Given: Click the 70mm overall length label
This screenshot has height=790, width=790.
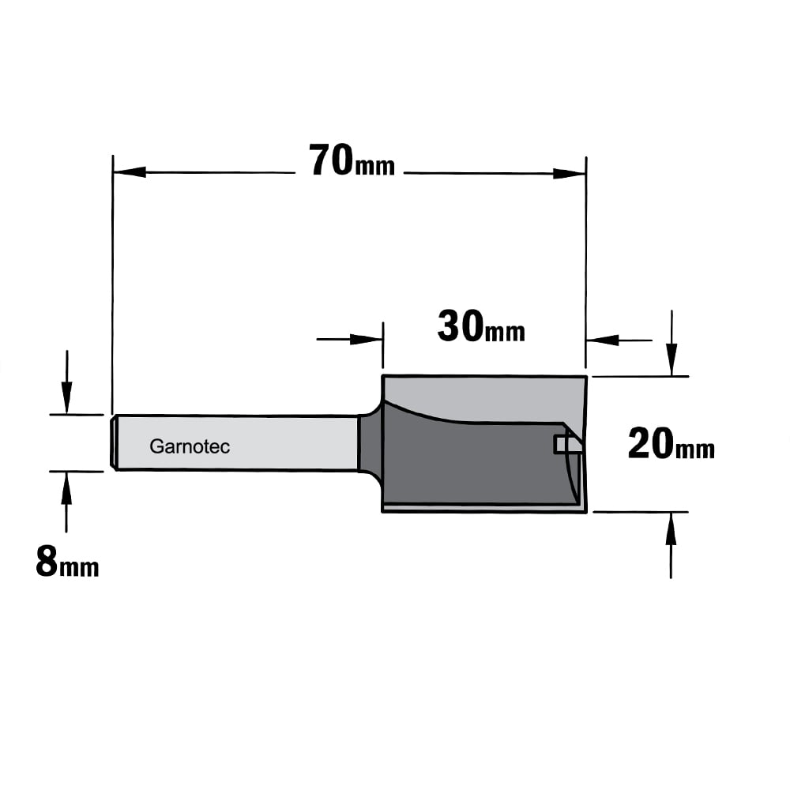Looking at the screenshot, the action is (x=352, y=160).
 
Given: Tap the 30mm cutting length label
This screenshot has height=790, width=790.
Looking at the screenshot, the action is (x=481, y=327).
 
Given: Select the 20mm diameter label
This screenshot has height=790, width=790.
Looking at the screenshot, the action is (x=671, y=444).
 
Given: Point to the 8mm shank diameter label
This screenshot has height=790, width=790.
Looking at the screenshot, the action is (x=67, y=562).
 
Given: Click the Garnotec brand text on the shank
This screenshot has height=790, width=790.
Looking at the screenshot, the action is (x=190, y=446).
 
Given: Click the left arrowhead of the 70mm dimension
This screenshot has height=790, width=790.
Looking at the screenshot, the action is (x=130, y=171).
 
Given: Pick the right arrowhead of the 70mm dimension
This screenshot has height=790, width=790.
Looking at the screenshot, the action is (x=570, y=174).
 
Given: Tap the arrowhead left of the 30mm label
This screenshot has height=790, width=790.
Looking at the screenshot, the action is (x=367, y=339).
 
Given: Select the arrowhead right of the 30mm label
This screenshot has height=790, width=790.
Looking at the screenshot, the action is (x=603, y=340).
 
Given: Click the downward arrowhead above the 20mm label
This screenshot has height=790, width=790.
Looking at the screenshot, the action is (x=671, y=359).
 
